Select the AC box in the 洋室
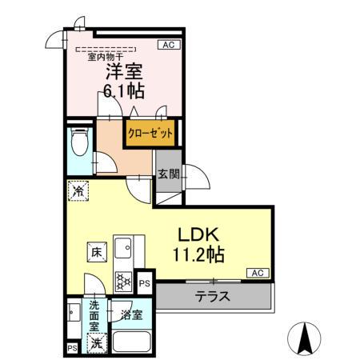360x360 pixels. click(170, 46)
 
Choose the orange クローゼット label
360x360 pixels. click(150, 134)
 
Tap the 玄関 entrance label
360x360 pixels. click(167, 175)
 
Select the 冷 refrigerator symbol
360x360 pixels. click(78, 191)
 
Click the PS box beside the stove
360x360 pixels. click(145, 282)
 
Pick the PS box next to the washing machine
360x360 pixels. click(72, 348)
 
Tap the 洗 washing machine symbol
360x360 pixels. click(96, 344)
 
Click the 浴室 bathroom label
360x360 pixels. click(132, 314)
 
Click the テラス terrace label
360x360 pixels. click(214, 295)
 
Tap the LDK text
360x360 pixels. click(196, 234)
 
